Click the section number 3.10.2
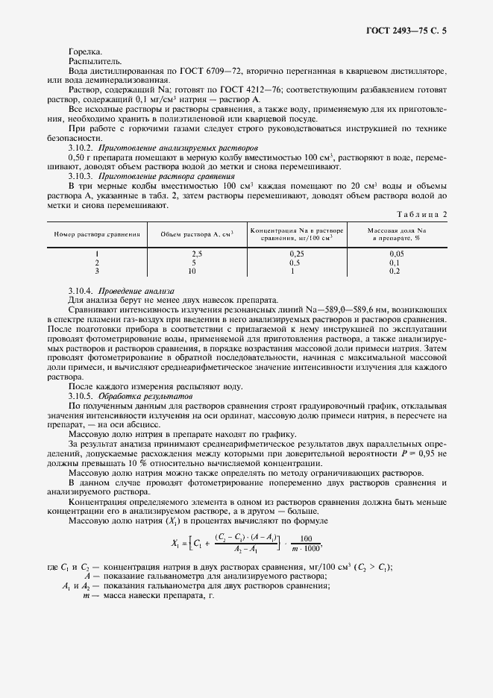click(x=80, y=148)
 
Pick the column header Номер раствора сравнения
click(x=97, y=233)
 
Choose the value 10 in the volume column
click(x=192, y=271)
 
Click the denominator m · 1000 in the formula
click(x=306, y=545)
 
